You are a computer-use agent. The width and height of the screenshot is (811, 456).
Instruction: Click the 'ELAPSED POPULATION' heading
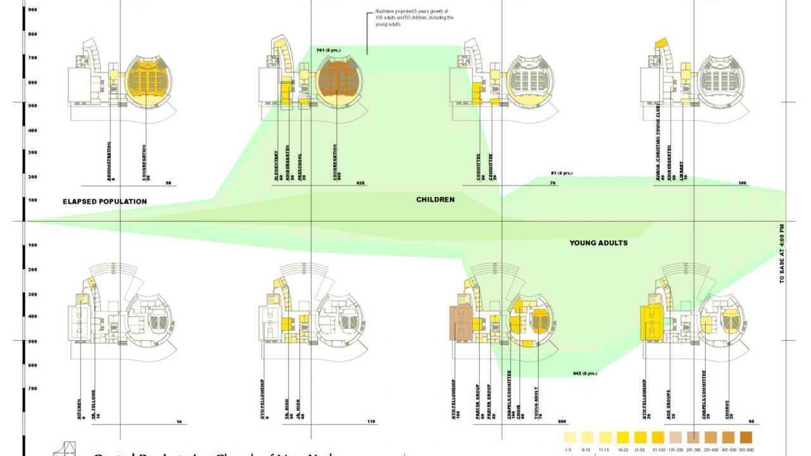105,201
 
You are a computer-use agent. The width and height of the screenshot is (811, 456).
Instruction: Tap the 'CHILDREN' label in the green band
435,199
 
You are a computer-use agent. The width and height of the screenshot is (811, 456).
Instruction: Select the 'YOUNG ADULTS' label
598,243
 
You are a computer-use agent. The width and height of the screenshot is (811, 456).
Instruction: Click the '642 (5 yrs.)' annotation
584,373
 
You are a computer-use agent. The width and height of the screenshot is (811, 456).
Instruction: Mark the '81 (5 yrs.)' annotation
561,173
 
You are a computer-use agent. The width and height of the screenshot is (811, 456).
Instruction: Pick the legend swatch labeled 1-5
570,438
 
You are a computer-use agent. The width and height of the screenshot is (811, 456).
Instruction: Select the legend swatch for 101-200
675,438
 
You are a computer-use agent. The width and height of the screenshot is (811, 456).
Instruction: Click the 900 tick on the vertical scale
32,10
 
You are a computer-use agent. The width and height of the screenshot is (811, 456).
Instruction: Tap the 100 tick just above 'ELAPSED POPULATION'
32,200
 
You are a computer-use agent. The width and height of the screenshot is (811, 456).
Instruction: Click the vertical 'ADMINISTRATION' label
110,161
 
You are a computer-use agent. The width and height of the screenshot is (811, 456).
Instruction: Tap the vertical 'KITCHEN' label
80,405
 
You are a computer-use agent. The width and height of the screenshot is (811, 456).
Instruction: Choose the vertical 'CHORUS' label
727,406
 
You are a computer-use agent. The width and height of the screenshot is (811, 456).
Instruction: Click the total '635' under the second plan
361,184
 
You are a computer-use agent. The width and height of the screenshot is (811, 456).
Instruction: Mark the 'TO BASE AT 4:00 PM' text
782,254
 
